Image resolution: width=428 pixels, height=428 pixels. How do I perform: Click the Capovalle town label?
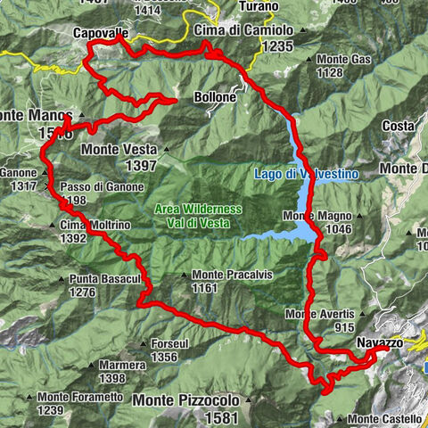101,33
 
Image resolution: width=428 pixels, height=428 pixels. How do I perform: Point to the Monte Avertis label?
321,315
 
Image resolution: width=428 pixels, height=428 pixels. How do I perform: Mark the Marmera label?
123,365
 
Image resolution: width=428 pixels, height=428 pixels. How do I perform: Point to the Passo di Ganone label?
99,188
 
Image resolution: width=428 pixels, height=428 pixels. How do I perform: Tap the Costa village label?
398,127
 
